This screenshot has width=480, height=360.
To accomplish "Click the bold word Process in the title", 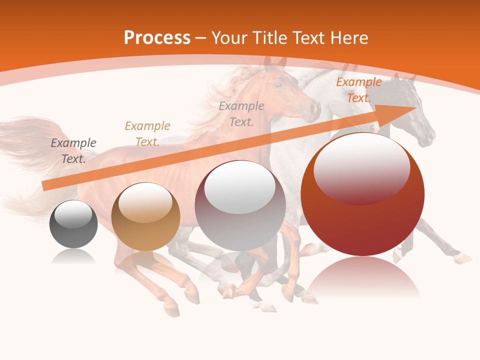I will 157,38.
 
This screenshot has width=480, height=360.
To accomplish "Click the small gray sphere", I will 73,224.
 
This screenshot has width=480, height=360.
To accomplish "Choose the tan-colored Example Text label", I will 147,134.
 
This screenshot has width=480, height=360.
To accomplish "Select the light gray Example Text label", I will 241,114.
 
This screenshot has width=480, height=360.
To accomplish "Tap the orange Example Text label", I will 358,90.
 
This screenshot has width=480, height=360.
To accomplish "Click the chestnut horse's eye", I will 278,85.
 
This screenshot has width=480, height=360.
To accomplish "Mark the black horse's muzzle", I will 427,138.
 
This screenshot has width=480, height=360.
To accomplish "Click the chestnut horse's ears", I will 274,62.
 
